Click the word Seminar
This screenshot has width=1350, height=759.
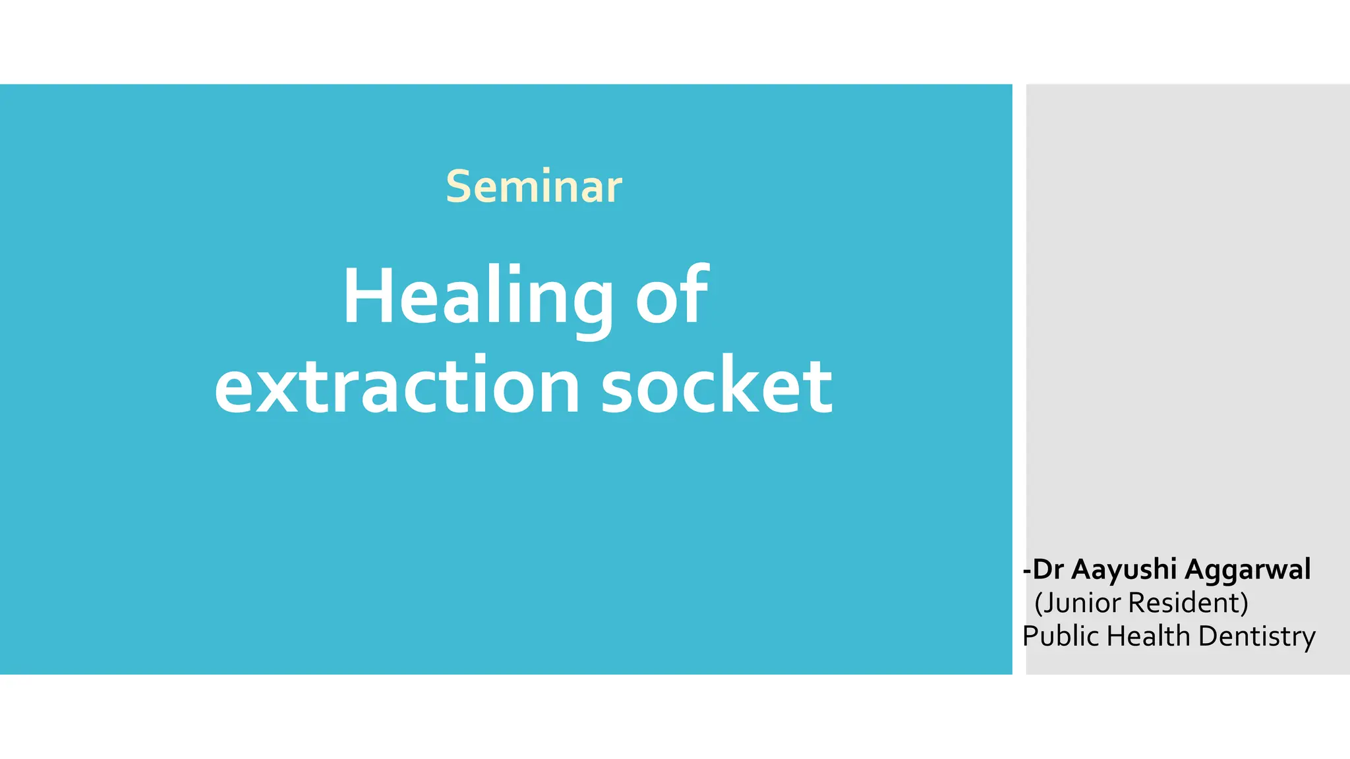point(533,186)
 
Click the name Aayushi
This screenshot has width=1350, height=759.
point(1124,570)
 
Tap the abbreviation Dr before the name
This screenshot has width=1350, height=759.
point(1048,570)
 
